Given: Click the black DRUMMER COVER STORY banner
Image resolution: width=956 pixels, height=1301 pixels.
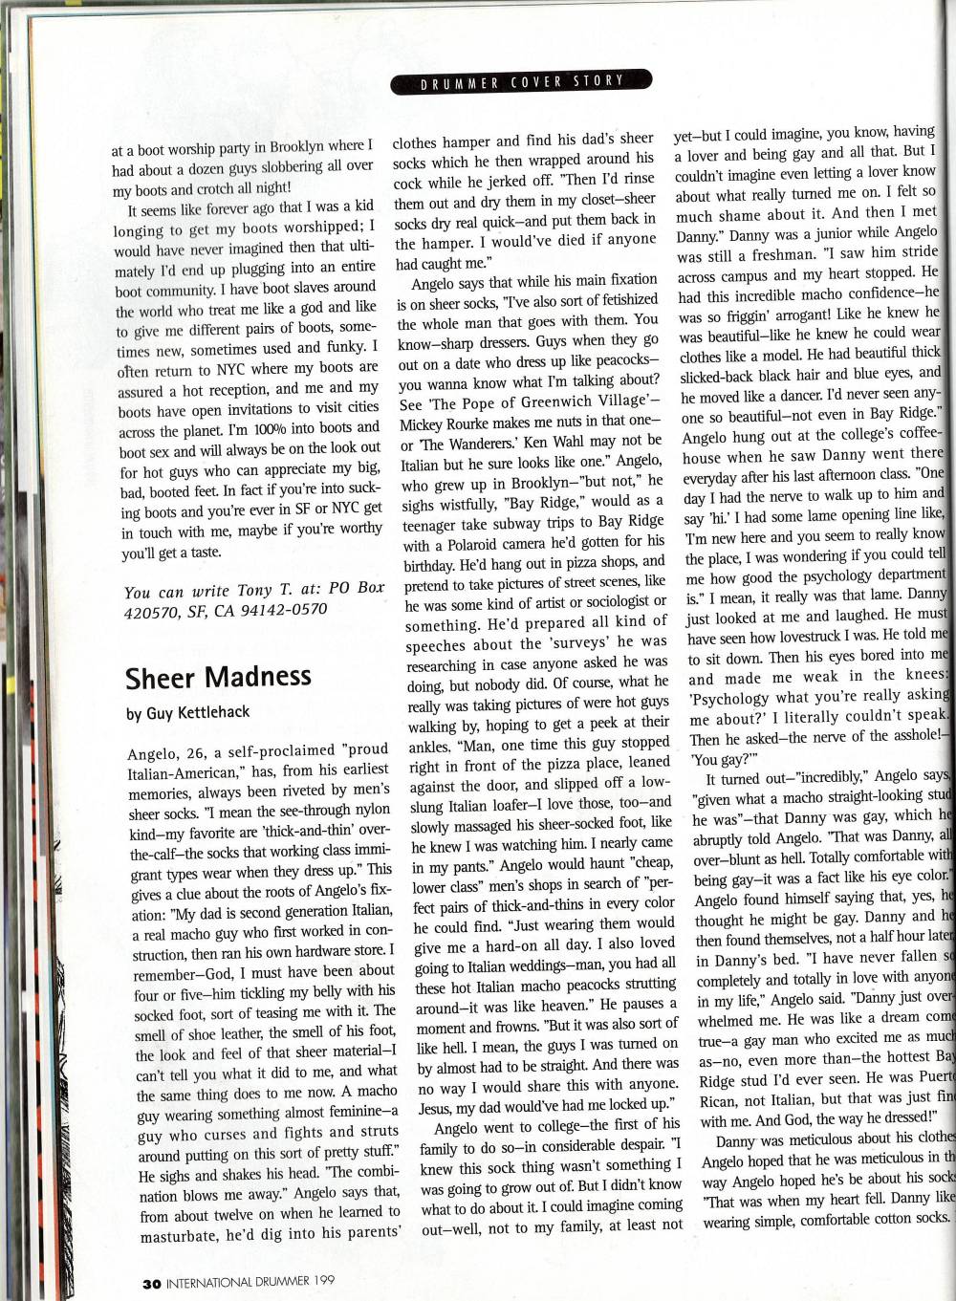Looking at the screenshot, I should [522, 82].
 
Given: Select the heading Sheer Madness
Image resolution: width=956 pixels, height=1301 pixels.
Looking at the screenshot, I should [218, 676].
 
